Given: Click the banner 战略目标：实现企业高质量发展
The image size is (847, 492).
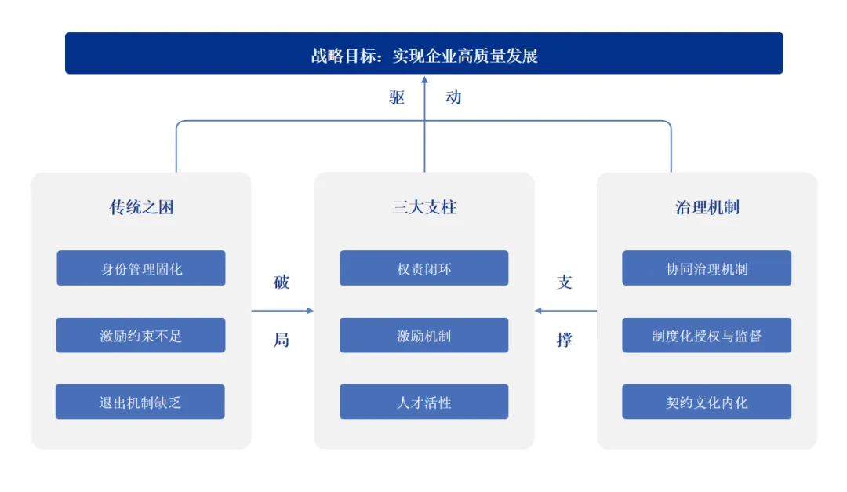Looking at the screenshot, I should (x=423, y=53).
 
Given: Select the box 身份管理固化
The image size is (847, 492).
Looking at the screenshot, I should (x=141, y=268).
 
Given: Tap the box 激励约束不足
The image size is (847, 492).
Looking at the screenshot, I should (x=141, y=335).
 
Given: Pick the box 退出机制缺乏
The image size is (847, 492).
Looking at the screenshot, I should (x=140, y=402).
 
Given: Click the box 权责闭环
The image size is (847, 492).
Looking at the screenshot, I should (x=423, y=268).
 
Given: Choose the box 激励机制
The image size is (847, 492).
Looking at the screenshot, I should (x=423, y=335).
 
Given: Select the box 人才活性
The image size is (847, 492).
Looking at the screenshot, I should (x=423, y=402).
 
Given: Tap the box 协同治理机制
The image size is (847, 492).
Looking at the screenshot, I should (x=707, y=268).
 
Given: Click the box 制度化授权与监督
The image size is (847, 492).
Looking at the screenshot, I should (x=707, y=335).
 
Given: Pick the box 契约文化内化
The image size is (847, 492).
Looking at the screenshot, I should (x=707, y=402).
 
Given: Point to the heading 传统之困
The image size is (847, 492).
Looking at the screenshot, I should (x=141, y=207).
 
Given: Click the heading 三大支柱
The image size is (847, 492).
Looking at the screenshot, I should (x=424, y=207).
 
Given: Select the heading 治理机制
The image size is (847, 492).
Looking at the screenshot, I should (x=707, y=207).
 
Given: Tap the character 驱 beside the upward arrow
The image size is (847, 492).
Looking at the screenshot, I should (x=397, y=97).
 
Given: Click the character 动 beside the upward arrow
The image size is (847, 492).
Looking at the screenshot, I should (x=453, y=97).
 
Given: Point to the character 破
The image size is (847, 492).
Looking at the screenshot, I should (x=282, y=282).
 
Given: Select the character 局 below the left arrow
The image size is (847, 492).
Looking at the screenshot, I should (x=282, y=340).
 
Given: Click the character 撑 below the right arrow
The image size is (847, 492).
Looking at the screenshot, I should (x=565, y=340).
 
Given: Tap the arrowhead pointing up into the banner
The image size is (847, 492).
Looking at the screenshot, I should (x=424, y=79).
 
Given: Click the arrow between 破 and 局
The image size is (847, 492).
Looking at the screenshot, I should (x=282, y=311).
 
